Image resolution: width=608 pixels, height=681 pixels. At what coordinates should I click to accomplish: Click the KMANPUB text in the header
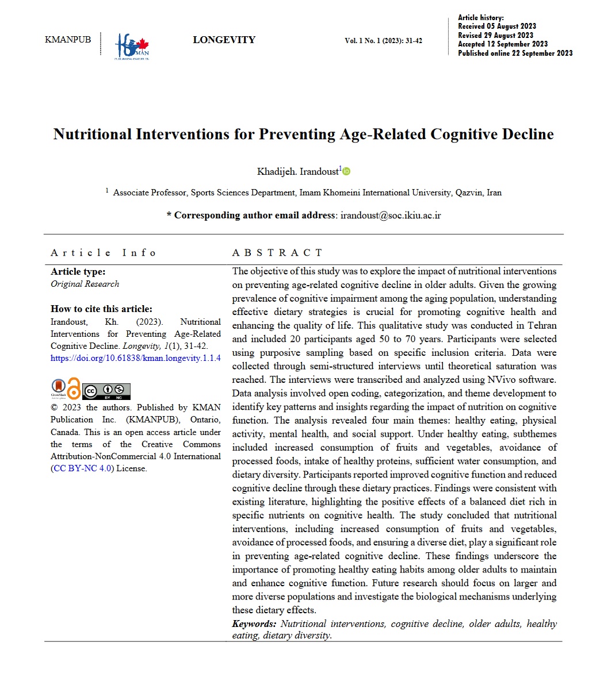click(68, 40)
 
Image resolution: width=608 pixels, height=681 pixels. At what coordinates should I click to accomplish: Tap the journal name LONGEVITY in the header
click(224, 40)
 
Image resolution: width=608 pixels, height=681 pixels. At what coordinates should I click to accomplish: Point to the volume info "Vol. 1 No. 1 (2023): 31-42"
click(383, 41)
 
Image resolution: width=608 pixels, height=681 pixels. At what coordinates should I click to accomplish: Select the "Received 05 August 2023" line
click(497, 26)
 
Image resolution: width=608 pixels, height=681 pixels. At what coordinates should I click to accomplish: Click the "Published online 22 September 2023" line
click(515, 53)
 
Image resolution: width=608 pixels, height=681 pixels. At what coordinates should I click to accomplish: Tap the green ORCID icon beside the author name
click(347, 171)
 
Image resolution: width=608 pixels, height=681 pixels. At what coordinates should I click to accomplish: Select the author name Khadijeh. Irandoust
click(297, 172)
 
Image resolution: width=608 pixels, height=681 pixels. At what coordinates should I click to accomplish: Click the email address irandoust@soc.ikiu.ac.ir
click(391, 216)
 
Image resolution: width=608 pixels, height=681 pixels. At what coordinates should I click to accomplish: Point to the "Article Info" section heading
click(104, 253)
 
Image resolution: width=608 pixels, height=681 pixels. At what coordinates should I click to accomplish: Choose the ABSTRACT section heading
click(277, 253)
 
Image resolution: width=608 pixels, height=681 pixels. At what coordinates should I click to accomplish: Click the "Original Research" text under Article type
click(85, 284)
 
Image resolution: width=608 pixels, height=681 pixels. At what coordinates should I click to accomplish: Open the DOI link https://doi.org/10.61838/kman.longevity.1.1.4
click(136, 358)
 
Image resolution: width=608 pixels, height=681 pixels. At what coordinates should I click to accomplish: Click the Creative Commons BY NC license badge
click(106, 391)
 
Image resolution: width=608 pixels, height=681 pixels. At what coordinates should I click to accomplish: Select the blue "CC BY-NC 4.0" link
click(82, 468)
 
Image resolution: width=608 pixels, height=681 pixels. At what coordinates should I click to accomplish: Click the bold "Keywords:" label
click(254, 624)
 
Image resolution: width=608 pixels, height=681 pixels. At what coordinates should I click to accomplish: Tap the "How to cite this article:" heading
click(101, 309)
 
